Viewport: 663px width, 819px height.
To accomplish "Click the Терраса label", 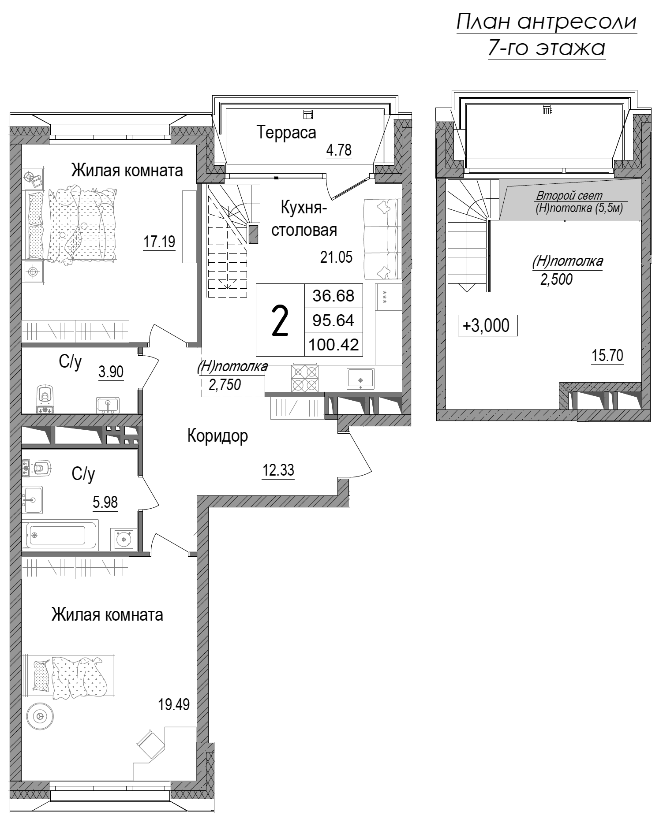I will (287, 132).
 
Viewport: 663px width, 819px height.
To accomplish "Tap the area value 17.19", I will (159, 242).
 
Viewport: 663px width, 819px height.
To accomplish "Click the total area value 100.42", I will (333, 344).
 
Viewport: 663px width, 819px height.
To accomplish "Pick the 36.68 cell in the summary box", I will (333, 295).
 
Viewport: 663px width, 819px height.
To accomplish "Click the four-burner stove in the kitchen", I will (304, 379).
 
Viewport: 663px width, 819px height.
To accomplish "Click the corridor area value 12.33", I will (278, 471).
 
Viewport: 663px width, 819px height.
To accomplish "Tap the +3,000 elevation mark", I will (487, 326).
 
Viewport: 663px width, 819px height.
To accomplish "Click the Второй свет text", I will (569, 196).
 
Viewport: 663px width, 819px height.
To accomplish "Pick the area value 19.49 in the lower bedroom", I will (174, 704).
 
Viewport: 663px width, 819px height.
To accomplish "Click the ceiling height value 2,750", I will (225, 385).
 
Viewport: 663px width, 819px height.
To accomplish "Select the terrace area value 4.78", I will (339, 150).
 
